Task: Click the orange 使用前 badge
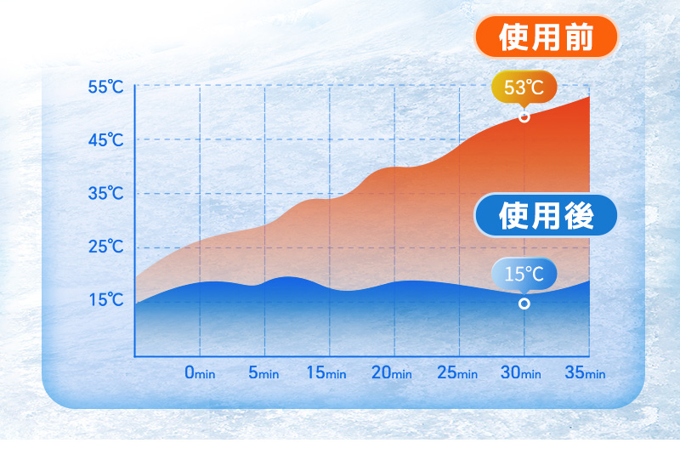pos(546,37)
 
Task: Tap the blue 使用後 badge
pos(546,215)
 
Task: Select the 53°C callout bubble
pos(524,88)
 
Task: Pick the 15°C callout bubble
pos(524,275)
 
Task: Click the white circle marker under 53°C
pos(524,117)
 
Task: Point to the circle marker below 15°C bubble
pos(524,304)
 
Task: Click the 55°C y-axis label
pos(105,88)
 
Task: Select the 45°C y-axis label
pos(105,140)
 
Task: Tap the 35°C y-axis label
pos(105,194)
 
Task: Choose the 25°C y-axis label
pos(105,247)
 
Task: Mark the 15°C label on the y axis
pos(105,300)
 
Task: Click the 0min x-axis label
pos(200,372)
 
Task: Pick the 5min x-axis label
pos(263,372)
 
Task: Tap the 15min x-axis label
pos(326,372)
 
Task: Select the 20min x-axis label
pos(392,372)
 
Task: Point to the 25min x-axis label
pos(457,372)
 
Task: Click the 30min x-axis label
pos(521,372)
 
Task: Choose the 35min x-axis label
pos(585,372)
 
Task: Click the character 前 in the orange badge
pos(579,37)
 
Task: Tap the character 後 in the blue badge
pos(579,216)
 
